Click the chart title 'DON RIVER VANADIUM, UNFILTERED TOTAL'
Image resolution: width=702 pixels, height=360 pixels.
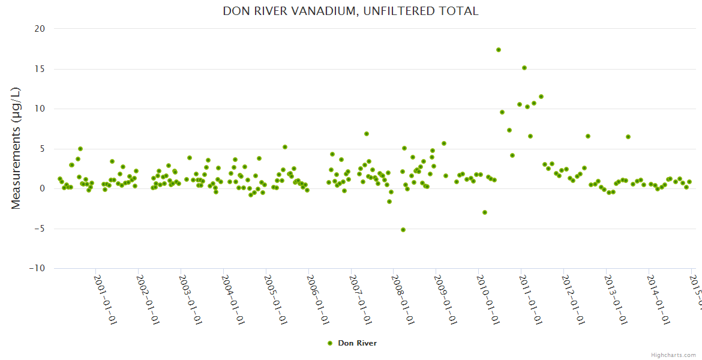click(350, 11)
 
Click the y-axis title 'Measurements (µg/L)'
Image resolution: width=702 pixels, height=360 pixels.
click(16, 148)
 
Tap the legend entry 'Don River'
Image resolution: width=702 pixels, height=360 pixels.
click(357, 343)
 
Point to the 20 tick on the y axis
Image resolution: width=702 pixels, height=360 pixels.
click(40, 29)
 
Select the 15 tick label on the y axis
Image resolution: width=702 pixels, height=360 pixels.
click(40, 69)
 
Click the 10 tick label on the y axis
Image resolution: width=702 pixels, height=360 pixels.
click(40, 109)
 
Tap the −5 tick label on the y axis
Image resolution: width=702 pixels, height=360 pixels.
click(38, 229)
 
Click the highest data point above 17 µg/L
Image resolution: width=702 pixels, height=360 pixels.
click(499, 50)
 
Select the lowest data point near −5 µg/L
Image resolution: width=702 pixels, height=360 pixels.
click(403, 230)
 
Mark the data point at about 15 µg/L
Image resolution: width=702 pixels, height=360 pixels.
click(524, 68)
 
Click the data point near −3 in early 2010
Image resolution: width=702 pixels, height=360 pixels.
click(485, 212)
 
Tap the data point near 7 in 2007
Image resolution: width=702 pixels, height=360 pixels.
click(367, 134)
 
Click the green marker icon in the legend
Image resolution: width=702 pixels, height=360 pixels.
click(329, 343)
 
